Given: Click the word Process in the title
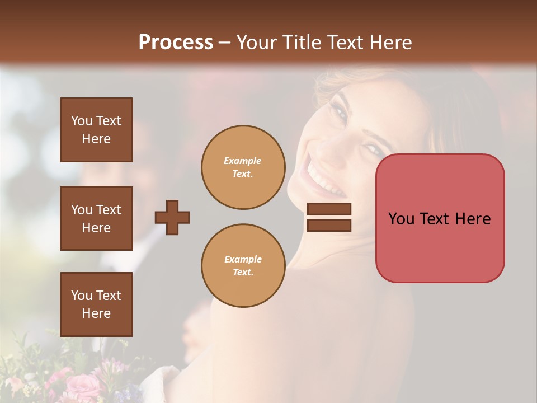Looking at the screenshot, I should [x=176, y=43].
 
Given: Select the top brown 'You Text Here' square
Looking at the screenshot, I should [x=96, y=130].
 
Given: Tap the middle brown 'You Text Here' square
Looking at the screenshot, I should [x=96, y=218].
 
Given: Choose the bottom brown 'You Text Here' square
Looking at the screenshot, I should [x=96, y=304].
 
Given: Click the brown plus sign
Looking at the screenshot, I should [x=172, y=217].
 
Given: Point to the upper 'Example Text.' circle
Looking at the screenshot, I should [x=243, y=167].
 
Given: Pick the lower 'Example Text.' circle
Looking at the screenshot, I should [x=243, y=266].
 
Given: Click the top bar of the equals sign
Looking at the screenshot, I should [x=329, y=209].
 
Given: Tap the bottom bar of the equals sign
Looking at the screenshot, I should [x=329, y=225].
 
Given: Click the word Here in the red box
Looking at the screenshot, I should [x=473, y=219].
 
